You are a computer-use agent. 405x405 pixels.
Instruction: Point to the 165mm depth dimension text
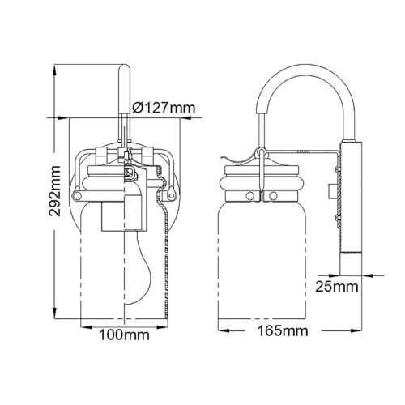coord(289,330)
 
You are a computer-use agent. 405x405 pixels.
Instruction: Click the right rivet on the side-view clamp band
coord(273,195)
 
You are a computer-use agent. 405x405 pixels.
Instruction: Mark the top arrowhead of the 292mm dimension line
coord(55,63)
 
